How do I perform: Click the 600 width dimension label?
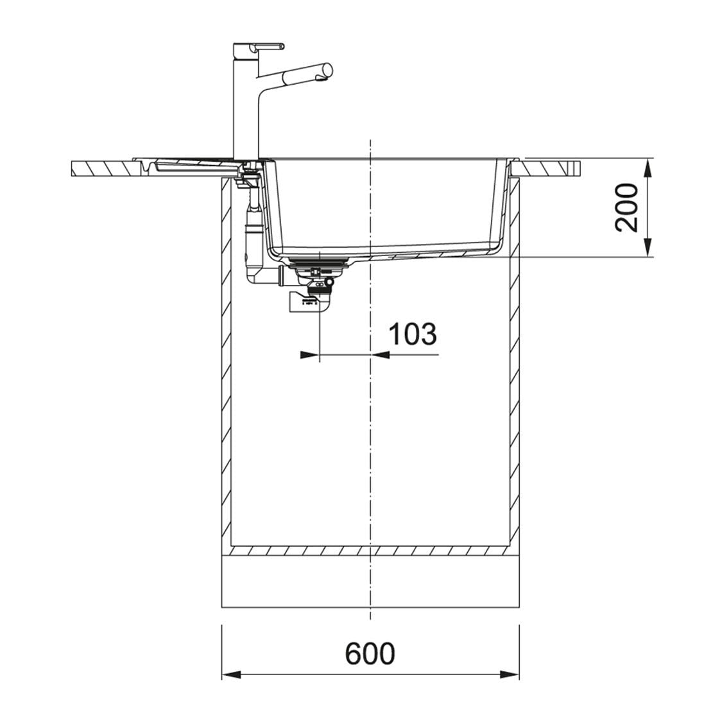point(370,653)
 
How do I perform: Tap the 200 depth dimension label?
point(627,208)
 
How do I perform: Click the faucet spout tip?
point(327,69)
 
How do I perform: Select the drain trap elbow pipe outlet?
point(309,304)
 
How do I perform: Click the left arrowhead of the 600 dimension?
point(232,675)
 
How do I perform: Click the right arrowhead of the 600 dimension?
point(510,675)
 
